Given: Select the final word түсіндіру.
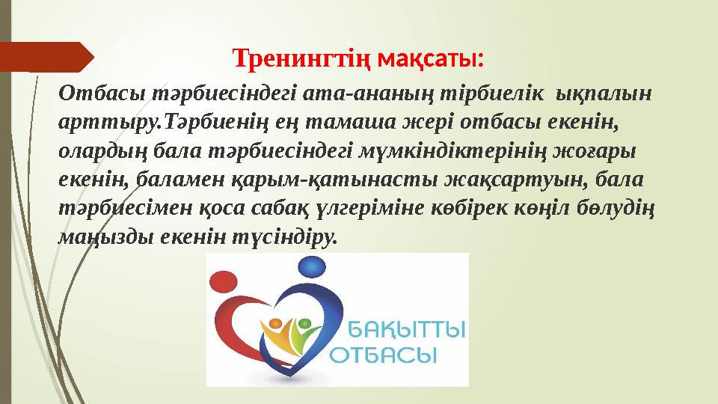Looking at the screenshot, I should (282, 239).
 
